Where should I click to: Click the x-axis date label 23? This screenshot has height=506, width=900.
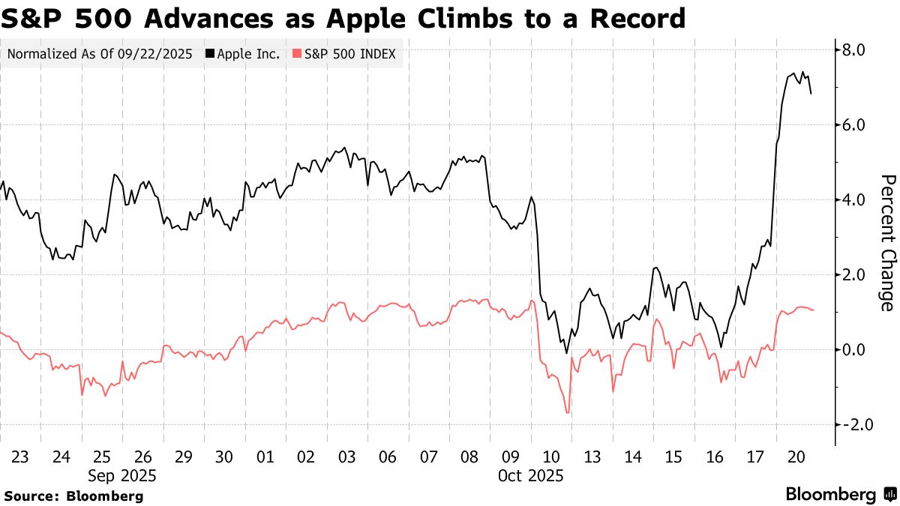pos(20,457)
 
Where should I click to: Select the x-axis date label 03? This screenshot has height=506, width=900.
pos(346,457)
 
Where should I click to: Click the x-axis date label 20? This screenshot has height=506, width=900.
pos(796,457)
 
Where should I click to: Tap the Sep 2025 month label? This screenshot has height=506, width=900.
pos(122,475)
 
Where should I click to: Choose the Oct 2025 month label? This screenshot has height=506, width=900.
pos(530,475)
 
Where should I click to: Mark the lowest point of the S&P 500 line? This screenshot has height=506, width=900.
pos(568,412)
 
